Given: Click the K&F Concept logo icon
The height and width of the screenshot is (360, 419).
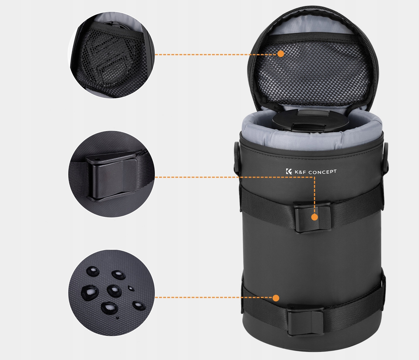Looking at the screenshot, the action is point(289,171).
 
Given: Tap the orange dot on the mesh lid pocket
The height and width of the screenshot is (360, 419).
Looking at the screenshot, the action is point(281,54).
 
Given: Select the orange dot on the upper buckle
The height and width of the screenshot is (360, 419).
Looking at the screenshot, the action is point(315,217).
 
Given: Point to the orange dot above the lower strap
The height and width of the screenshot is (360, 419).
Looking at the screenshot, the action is point(276,298).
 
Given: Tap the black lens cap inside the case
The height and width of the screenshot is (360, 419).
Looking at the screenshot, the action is point(310,121).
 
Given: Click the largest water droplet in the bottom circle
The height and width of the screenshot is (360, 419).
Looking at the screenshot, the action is point(90,292).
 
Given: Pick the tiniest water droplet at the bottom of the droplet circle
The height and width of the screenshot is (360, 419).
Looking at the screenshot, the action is point(117,317).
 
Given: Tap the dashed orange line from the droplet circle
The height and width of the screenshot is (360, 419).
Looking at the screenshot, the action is point(213,297).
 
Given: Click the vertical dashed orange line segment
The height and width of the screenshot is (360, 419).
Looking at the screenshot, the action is point(315,195).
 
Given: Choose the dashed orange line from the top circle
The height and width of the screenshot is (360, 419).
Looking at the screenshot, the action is point(216,55).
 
